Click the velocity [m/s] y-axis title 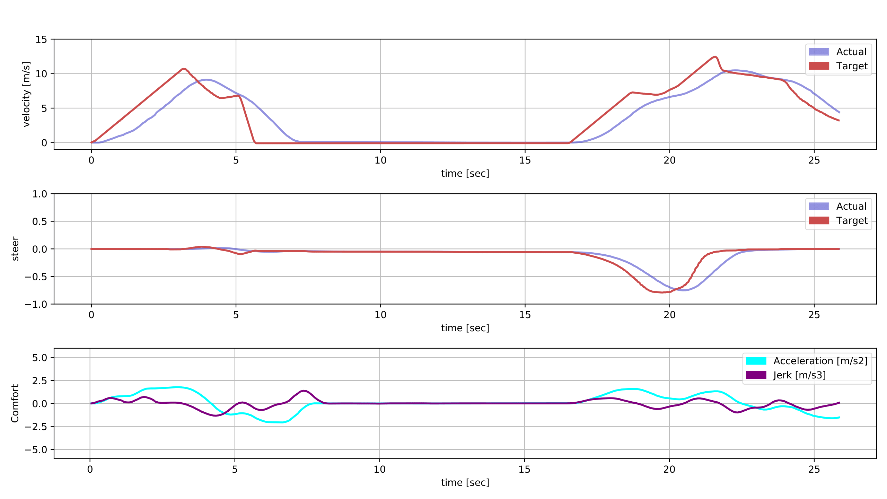pos(27,94)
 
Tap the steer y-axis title pos(15,248)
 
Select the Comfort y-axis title pos(15,403)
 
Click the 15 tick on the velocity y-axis pos(41,40)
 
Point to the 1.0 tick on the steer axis pos(39,194)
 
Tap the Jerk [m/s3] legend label pos(799,375)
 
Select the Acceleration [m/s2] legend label pos(820,361)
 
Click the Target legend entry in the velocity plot pos(852,66)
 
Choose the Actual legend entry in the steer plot pos(851,206)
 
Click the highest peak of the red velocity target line pos(714,56)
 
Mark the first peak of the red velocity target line pos(184,69)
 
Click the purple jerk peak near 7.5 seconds pos(304,391)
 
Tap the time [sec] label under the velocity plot pos(465,173)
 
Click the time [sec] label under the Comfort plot pos(465,482)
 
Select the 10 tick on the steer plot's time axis pos(380,315)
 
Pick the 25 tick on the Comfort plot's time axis pos(814,469)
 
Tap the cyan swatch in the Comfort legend pos(756,361)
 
